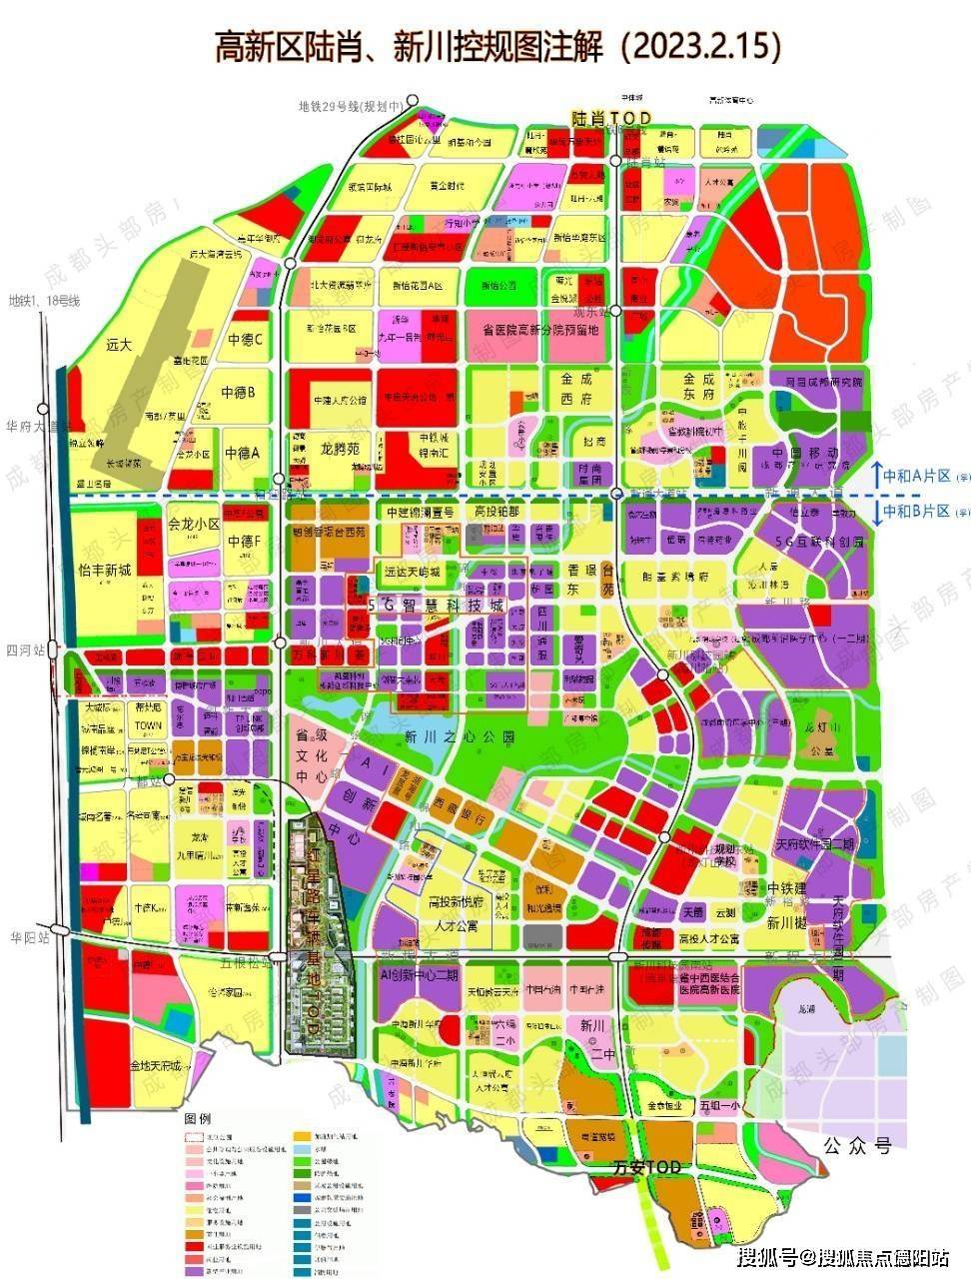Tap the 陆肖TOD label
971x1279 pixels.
610,118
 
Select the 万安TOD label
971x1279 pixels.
647,1167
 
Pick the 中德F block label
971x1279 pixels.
245,543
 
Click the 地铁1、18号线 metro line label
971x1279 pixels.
43,300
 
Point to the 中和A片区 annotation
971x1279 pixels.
914,477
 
